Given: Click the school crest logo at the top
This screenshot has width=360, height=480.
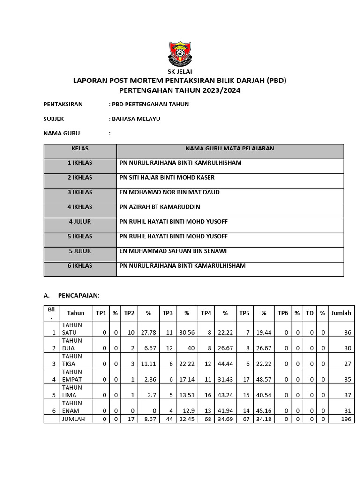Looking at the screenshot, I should click(x=180, y=53).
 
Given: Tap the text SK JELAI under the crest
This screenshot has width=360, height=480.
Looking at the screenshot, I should click(x=180, y=72).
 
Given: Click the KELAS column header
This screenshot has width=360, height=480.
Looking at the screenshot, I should click(x=80, y=149).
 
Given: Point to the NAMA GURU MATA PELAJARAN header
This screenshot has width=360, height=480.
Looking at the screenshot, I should click(x=230, y=149).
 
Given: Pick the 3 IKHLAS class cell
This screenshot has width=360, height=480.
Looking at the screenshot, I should click(x=80, y=192).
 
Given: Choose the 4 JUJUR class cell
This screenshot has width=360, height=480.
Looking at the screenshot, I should click(x=80, y=222).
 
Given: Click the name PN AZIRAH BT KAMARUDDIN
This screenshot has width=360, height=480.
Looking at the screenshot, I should click(x=160, y=207).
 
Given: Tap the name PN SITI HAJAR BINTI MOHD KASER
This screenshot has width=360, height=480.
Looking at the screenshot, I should click(x=167, y=178).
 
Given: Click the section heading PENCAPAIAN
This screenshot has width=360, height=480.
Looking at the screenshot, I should click(x=79, y=296).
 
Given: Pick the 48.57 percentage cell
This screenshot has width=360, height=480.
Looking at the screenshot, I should click(x=264, y=379).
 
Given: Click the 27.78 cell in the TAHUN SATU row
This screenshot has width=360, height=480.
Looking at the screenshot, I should click(x=149, y=332).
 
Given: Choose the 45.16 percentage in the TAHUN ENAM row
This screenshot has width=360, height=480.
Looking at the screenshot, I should click(x=264, y=411).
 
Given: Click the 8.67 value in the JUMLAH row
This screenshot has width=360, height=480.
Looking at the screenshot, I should click(x=149, y=419).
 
